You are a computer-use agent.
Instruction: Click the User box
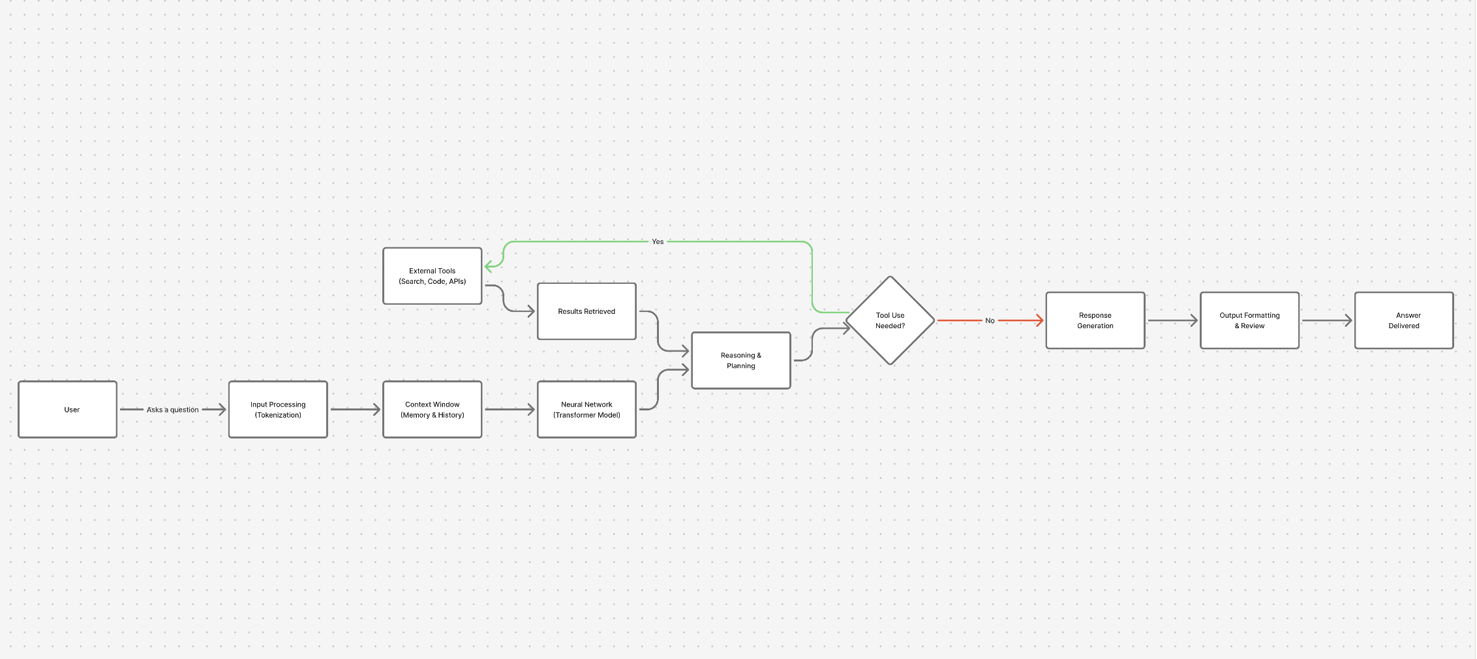pos(68,410)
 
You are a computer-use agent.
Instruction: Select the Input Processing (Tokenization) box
pos(278,410)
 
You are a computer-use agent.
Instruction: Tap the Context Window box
pos(433,410)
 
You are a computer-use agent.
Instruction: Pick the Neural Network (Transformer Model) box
pos(586,410)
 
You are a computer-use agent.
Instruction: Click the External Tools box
pos(433,276)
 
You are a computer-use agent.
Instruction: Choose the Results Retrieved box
pos(586,311)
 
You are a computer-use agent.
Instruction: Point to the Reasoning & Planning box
pos(741,361)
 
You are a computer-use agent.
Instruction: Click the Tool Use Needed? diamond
pos(891,320)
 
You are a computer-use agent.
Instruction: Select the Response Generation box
pos(1095,320)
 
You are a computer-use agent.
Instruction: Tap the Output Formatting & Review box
pos(1249,320)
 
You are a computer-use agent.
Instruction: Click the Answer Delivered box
pos(1404,320)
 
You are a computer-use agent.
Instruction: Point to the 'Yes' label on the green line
pos(658,241)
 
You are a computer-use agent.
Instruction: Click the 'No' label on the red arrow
pos(990,320)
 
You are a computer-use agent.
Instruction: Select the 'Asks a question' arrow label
pos(172,410)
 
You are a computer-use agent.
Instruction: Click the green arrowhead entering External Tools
pos(489,266)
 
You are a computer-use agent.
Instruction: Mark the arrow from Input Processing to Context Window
pos(355,410)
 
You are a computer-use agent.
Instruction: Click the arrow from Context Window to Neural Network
pos(510,410)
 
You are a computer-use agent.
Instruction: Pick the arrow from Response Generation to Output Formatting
pos(1172,320)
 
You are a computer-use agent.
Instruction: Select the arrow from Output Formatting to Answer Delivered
pos(1327,320)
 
